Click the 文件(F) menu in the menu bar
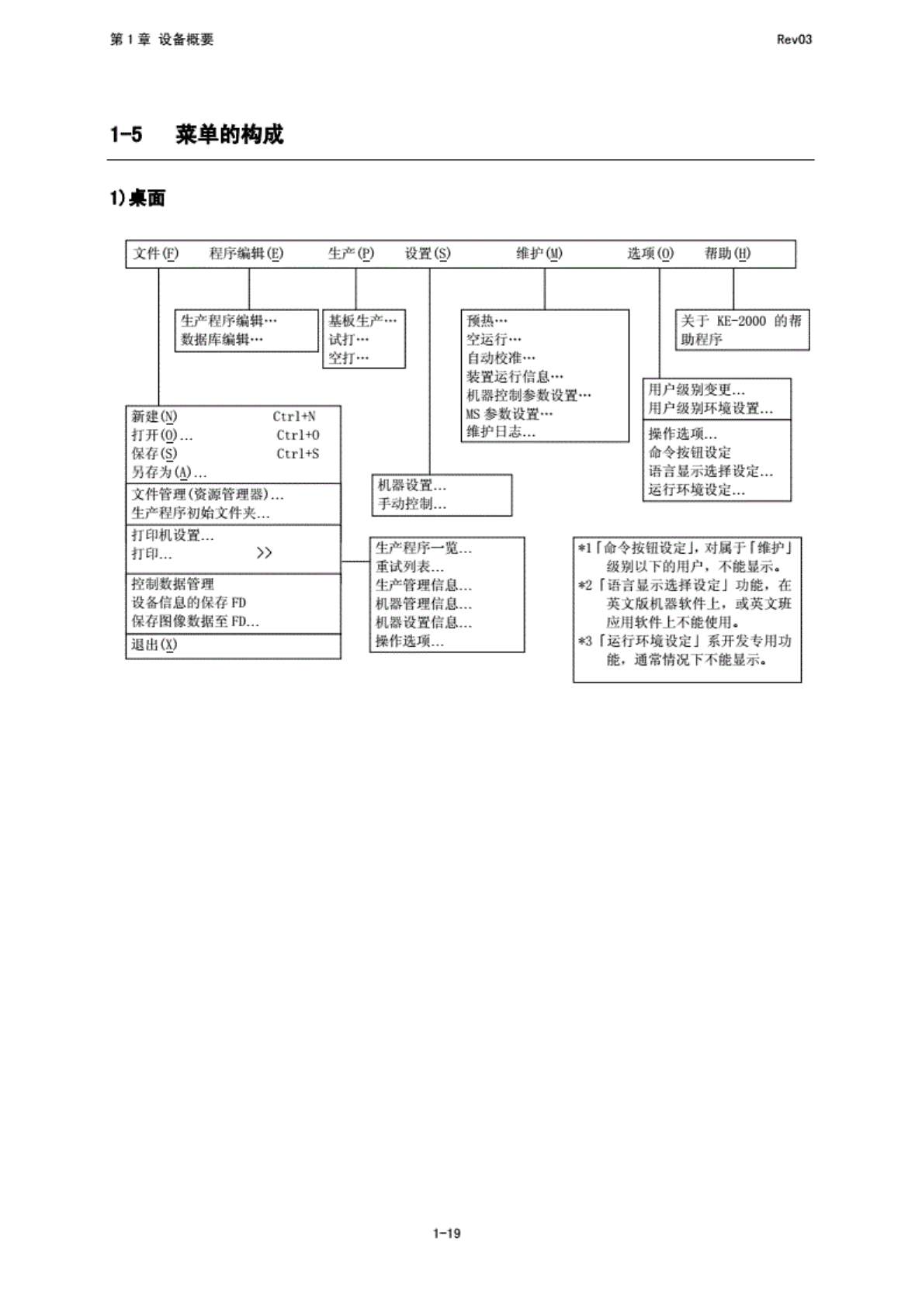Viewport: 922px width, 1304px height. point(155,254)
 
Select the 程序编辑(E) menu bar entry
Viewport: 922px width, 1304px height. point(246,254)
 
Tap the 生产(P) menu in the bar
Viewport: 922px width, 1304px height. point(351,254)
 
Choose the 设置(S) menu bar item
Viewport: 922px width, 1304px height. point(427,254)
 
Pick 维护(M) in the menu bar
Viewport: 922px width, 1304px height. point(539,254)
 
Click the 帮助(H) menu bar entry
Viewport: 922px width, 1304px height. point(727,254)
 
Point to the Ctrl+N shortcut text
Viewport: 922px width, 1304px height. point(294,417)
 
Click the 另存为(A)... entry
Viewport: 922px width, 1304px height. point(168,472)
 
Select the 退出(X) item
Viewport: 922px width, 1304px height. point(154,645)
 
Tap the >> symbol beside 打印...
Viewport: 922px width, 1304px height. point(264,553)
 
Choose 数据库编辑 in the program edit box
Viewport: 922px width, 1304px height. point(222,340)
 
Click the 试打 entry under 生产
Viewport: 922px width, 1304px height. point(348,340)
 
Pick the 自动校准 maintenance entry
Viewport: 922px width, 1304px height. point(501,358)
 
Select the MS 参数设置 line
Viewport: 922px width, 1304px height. point(509,414)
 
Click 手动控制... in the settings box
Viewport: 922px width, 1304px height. point(412,504)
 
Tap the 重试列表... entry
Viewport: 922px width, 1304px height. point(410,567)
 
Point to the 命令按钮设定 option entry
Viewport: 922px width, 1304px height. point(689,452)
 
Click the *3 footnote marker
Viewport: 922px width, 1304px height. point(584,642)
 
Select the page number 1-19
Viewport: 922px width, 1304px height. point(447,1233)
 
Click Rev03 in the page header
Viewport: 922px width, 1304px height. point(794,40)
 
